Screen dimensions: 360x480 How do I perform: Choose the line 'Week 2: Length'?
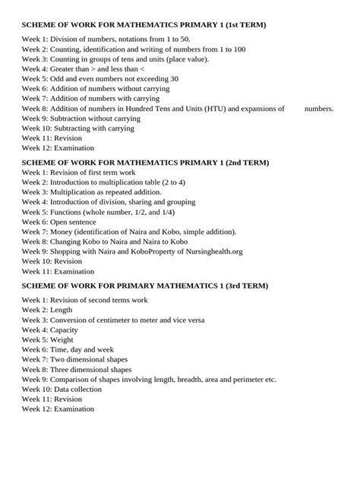(47, 310)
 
